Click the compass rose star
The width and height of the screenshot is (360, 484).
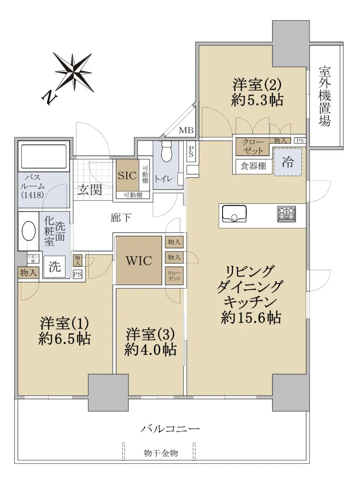[x=73, y=72]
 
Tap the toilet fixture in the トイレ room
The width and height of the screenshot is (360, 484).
[x=167, y=151]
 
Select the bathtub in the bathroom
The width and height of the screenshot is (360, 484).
[x=44, y=156]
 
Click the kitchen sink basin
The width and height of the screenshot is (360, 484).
[x=234, y=213]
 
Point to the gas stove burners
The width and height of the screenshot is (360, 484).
[x=287, y=214]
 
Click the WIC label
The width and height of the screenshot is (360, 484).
[x=139, y=261]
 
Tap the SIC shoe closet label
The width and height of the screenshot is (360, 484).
[x=127, y=175]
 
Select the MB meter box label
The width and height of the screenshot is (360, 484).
[x=186, y=130]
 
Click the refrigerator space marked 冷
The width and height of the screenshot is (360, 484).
[x=288, y=162]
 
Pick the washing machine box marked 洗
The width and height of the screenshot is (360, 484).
[x=54, y=267]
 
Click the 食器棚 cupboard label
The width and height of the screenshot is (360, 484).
[x=253, y=166]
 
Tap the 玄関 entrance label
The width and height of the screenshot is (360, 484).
[x=90, y=190]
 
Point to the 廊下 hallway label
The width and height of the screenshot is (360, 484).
[x=121, y=217]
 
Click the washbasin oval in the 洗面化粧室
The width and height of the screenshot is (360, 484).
[x=29, y=231]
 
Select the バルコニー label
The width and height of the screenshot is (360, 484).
[x=170, y=429]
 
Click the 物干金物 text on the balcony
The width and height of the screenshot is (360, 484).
[x=161, y=453]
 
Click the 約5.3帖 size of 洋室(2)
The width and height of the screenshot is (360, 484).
[x=257, y=100]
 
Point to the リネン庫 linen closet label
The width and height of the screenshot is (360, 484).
[x=33, y=259]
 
